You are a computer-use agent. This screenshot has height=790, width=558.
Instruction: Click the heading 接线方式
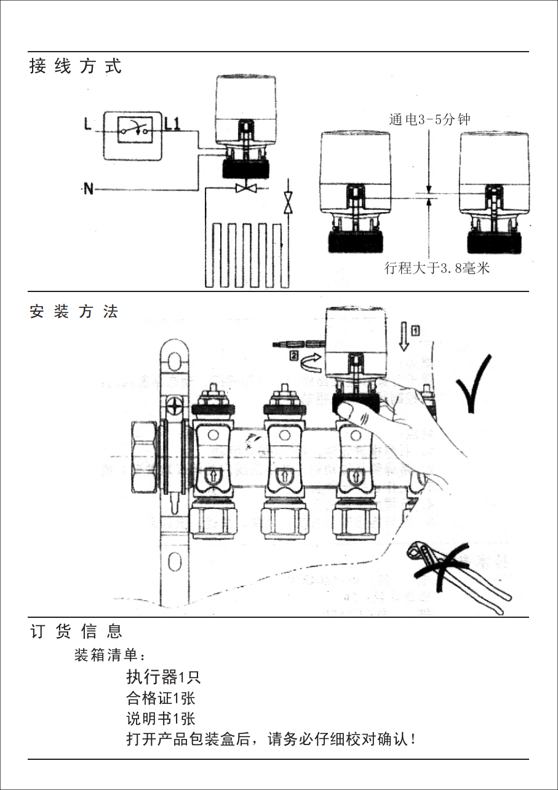(76, 66)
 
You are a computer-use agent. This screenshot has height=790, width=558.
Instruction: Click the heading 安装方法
(73, 312)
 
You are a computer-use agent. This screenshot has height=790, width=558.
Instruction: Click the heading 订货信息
(76, 631)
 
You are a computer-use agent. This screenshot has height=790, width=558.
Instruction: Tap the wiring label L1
(172, 124)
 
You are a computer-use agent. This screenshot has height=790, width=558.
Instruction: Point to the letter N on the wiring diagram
(89, 189)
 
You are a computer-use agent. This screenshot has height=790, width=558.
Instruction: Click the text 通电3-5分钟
(429, 119)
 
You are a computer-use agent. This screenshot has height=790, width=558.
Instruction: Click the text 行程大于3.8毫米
(437, 268)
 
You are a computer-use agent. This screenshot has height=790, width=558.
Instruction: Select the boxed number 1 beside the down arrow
(416, 330)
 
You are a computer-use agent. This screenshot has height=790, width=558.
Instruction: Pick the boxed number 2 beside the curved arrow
(294, 355)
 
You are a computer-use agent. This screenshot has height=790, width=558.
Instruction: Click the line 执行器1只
(163, 677)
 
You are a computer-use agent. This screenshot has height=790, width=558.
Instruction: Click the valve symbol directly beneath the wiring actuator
(245, 188)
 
